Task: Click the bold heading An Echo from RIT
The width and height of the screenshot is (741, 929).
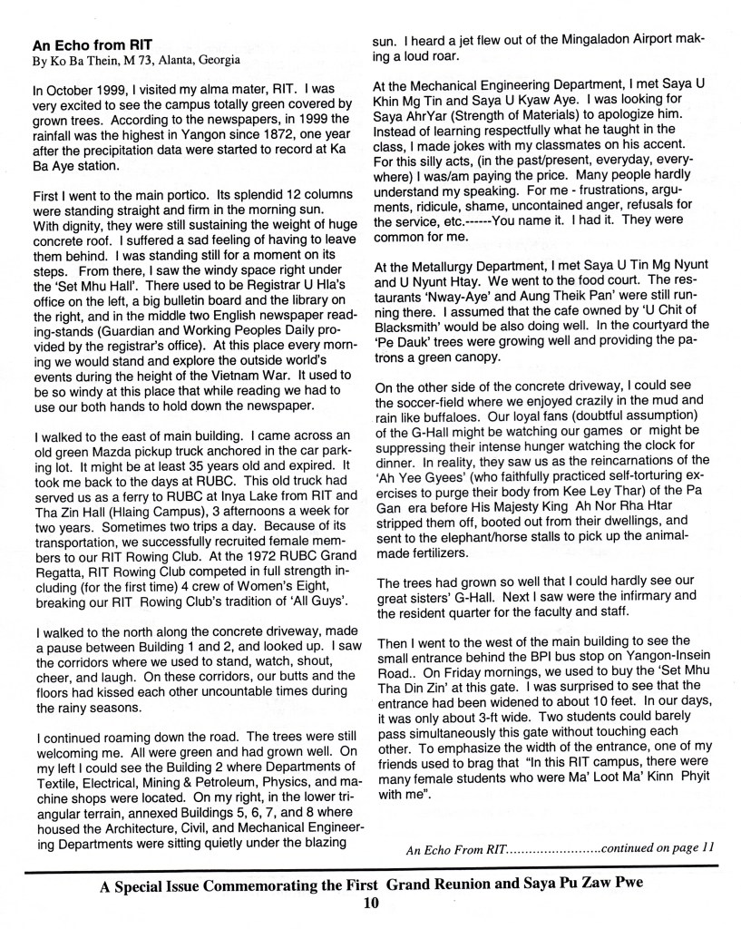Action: [x=88, y=44]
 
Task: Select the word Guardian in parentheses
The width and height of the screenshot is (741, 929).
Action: [x=129, y=308]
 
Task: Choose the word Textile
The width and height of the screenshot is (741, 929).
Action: [x=54, y=748]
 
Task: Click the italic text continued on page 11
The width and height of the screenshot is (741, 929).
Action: [x=658, y=848]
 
